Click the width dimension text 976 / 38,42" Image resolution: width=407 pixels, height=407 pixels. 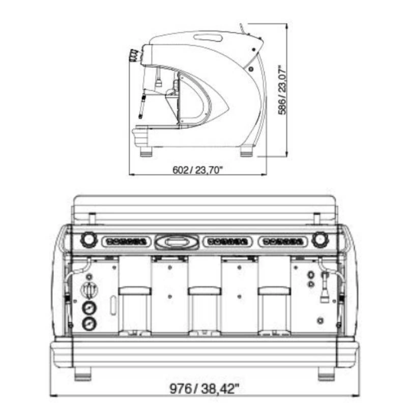click(204, 388)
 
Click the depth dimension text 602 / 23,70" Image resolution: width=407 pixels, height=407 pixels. click(198, 170)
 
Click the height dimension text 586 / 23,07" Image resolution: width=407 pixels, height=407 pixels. click(282, 90)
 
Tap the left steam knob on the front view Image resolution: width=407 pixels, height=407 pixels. click(89, 239)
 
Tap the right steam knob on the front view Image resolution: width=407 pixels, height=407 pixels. click(320, 239)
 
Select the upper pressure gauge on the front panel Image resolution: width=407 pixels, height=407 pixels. click(90, 308)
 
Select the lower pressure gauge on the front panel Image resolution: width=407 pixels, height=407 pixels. click(90, 324)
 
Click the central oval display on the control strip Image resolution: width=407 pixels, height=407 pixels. click(177, 242)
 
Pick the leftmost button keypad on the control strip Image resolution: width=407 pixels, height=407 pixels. click(126, 242)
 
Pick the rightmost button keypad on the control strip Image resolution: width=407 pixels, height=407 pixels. click(283, 242)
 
